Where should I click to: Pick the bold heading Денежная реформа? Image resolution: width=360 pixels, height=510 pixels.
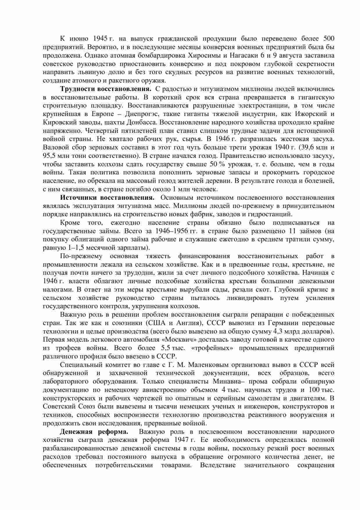[94, 431]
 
